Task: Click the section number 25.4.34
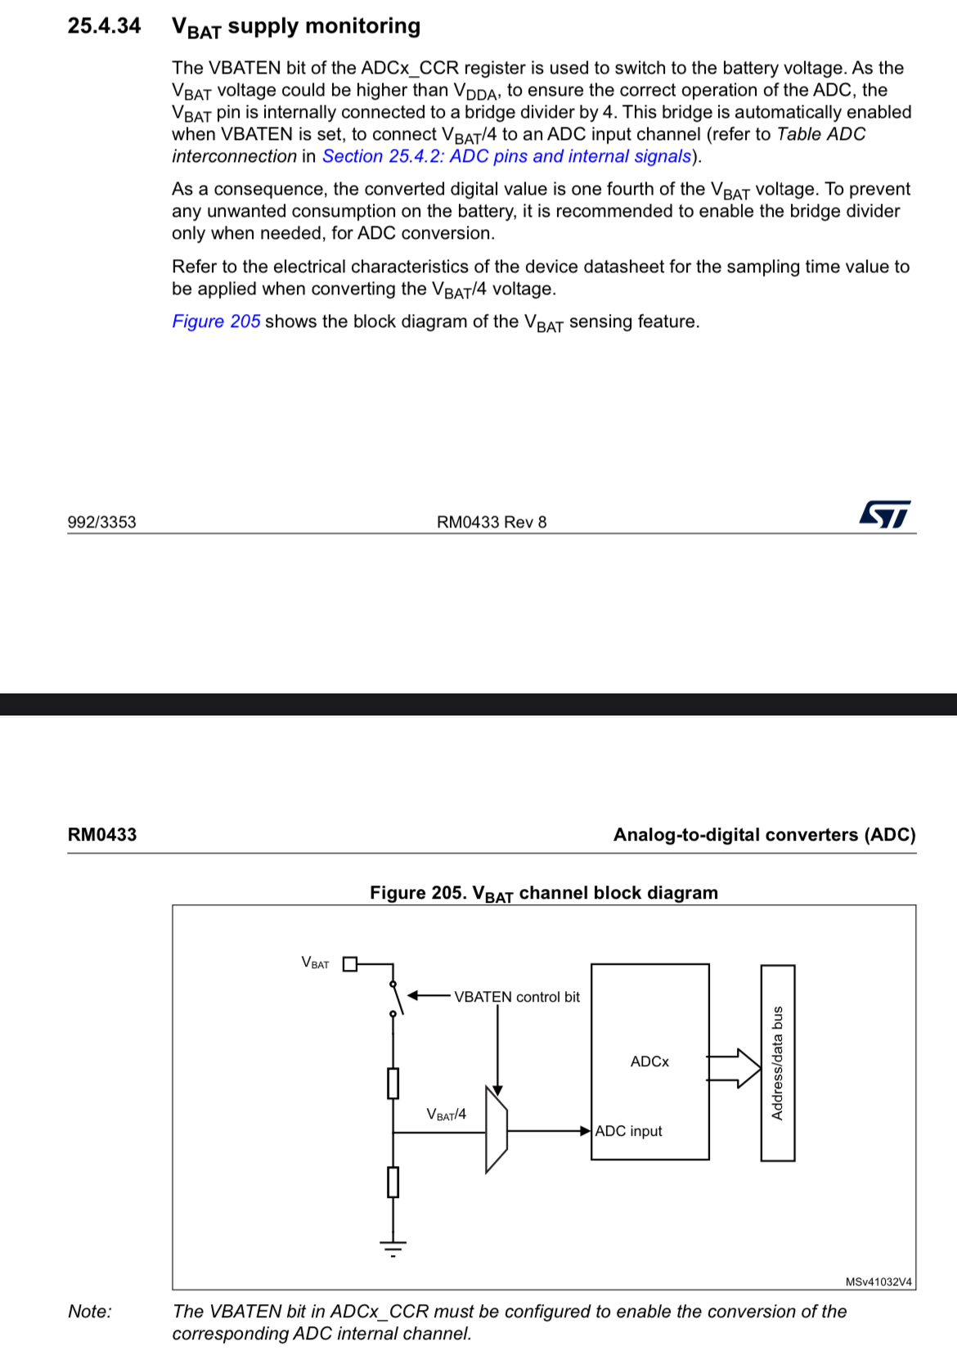104,26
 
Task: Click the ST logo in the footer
884,514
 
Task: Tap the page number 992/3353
101,523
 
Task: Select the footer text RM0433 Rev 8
491,523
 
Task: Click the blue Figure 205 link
216,321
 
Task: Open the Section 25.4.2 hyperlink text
506,156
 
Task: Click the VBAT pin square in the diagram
350,963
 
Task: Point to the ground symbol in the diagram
393,1247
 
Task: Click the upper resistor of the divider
393,1083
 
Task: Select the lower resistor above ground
393,1182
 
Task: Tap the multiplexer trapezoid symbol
496,1130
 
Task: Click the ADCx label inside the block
649,1061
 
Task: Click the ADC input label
628,1131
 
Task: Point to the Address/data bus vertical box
777,1062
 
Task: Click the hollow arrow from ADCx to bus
735,1068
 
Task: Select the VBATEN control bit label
517,997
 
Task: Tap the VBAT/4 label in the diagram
447,1115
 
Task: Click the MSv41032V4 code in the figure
878,1281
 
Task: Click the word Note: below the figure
90,1312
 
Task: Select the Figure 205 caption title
543,893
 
